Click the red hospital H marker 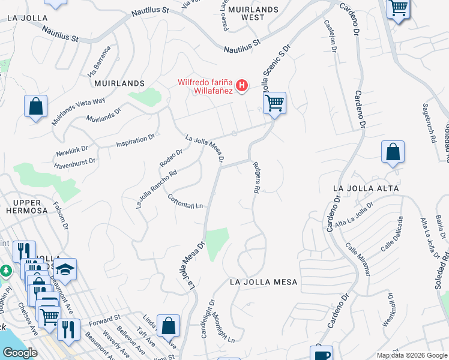pos(241,86)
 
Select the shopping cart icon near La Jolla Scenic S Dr pos(274,103)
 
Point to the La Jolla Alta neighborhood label pos(366,188)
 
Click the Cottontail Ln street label pos(185,202)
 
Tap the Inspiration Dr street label pos(135,141)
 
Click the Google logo pos(20,353)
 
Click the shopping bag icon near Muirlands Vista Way pos(36,106)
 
